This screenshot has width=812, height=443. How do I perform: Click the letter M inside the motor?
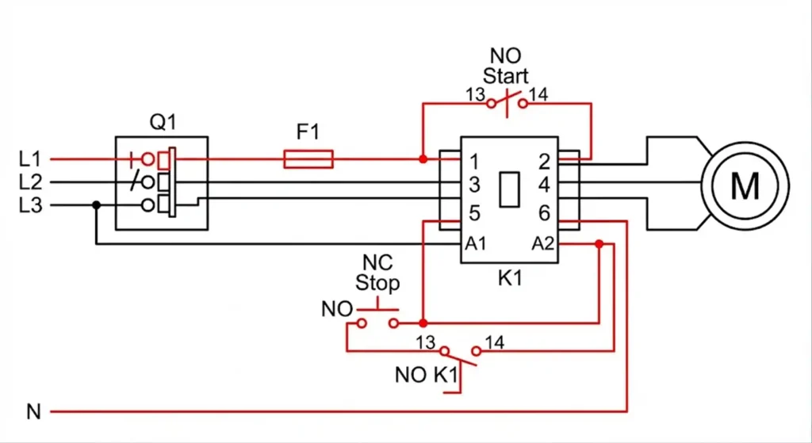[744, 186]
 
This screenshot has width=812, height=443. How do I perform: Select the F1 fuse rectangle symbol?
[308, 159]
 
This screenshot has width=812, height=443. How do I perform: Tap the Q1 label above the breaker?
[163, 122]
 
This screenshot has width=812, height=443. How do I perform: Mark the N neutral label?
[33, 412]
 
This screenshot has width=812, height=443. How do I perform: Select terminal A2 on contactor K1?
[543, 243]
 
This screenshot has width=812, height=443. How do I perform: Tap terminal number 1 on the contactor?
[474, 162]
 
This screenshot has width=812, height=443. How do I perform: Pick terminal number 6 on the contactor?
[544, 213]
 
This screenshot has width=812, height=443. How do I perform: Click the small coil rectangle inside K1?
[509, 187]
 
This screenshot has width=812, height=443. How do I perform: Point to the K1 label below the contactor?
[508, 278]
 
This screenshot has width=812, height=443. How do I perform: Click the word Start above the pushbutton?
[506, 78]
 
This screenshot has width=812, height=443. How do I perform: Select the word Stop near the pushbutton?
[377, 283]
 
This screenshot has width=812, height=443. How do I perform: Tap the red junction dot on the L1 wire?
[423, 159]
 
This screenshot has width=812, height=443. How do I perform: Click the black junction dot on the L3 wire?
[96, 205]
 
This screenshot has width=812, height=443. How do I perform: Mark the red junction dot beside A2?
[599, 244]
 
